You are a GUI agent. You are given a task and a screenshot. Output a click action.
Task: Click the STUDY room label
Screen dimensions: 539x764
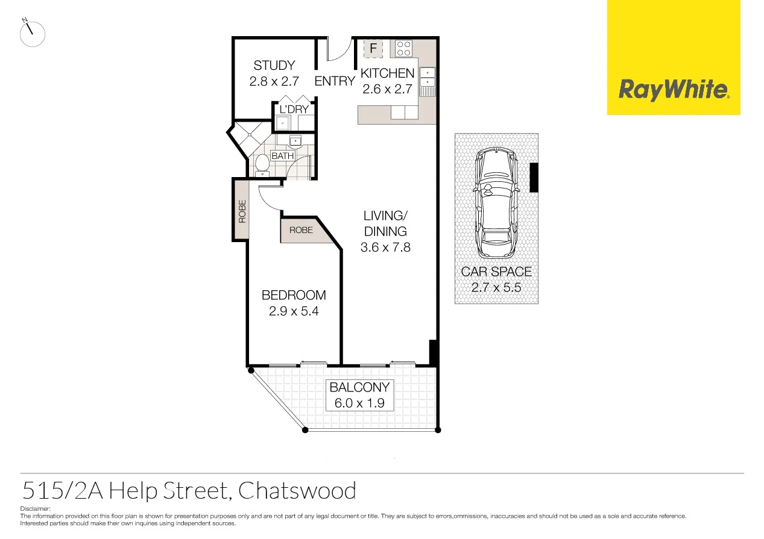[274, 66]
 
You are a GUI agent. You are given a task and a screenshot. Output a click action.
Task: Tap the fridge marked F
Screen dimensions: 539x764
[373, 48]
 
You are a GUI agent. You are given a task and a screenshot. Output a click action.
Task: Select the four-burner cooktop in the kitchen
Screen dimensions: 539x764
[403, 48]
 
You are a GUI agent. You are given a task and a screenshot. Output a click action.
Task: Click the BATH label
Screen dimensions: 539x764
[282, 156]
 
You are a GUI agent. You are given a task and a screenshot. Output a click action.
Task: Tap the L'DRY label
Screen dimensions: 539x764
[294, 110]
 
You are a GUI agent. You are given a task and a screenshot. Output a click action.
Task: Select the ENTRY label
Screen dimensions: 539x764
[335, 81]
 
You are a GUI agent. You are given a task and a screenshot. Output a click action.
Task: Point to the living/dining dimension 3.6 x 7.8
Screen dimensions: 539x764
[385, 247]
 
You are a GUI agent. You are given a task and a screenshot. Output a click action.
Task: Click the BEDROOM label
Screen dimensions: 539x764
[294, 295]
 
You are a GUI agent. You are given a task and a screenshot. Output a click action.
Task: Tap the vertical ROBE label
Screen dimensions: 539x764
[242, 211]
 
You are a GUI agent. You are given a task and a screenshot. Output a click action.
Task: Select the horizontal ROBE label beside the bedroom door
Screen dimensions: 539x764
[301, 230]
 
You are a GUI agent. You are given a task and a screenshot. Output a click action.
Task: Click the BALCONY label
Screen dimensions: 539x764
[359, 387]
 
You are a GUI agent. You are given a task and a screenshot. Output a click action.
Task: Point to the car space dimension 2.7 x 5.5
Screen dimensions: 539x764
[496, 287]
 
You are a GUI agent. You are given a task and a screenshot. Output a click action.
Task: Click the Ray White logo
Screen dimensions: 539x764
[673, 90]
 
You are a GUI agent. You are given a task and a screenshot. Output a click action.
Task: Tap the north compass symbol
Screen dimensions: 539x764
[32, 34]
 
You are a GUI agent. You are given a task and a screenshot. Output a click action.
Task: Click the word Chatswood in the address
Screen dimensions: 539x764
[297, 491]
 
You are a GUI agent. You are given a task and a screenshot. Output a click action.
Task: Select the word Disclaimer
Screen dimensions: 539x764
[36, 509]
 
